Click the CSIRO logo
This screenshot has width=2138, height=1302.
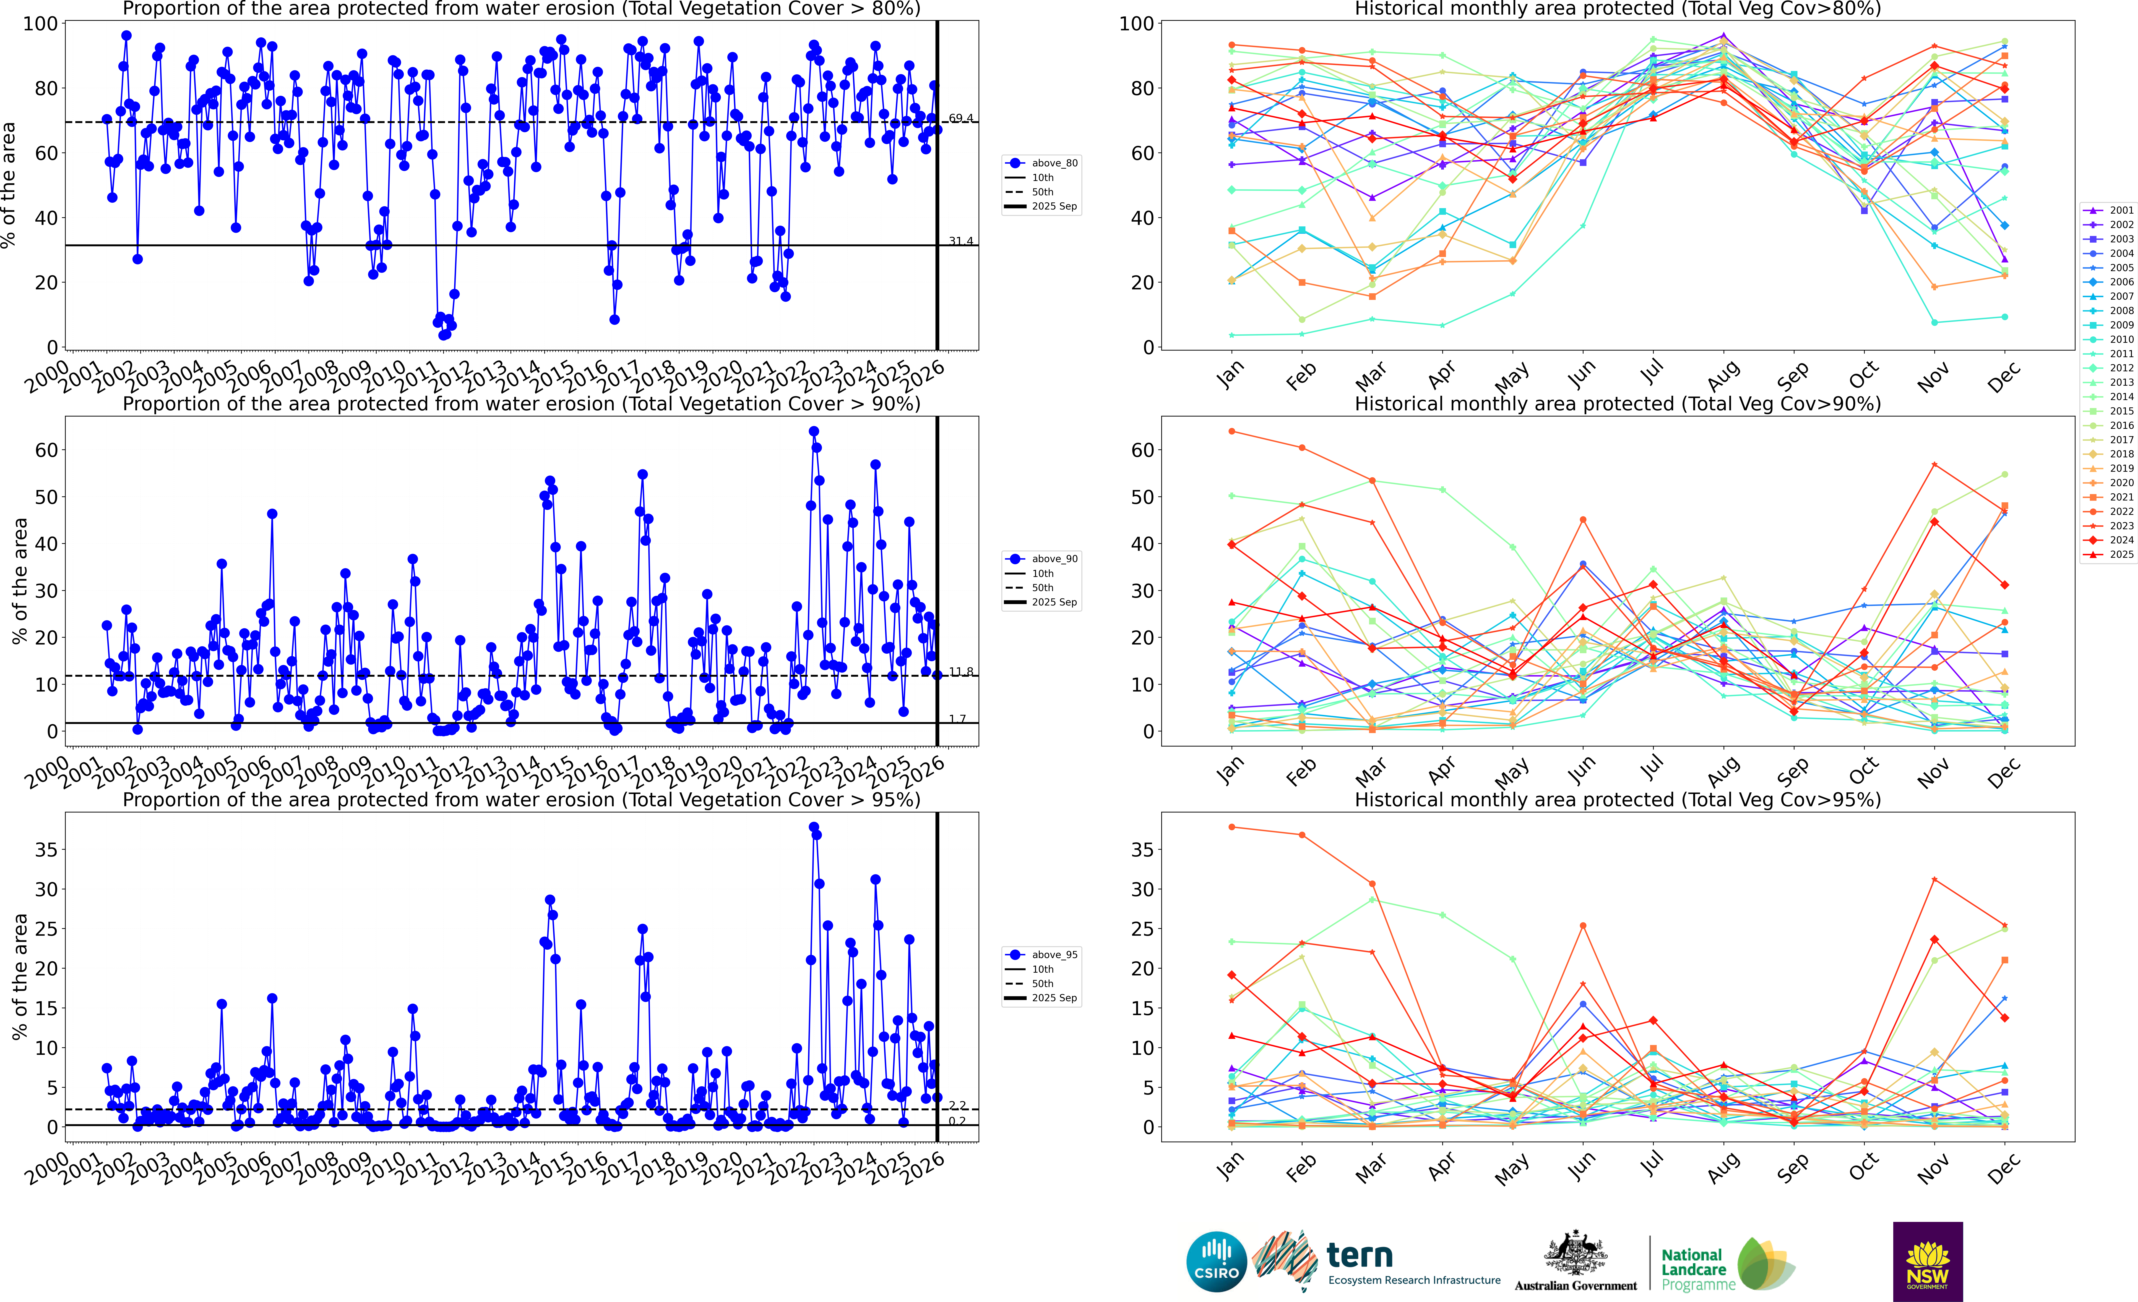pyautogui.click(x=1216, y=1261)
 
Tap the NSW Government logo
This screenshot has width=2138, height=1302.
pyautogui.click(x=1927, y=1261)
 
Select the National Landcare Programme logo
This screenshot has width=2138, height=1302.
pyautogui.click(x=1727, y=1264)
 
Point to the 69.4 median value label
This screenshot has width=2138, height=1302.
pyautogui.click(x=961, y=118)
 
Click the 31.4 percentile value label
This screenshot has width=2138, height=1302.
pyautogui.click(x=961, y=241)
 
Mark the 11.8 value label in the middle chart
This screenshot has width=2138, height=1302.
pyautogui.click(x=961, y=672)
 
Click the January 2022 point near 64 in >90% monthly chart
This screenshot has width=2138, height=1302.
pyautogui.click(x=1231, y=431)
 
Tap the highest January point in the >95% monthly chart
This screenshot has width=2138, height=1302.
pyautogui.click(x=1231, y=827)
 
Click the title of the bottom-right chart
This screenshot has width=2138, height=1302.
pyautogui.click(x=1617, y=799)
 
